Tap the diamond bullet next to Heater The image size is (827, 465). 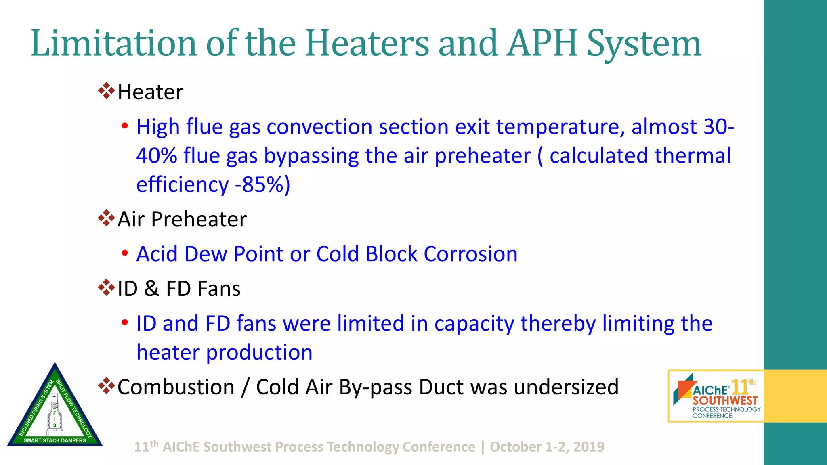106,91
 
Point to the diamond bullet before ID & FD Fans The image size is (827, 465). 106,287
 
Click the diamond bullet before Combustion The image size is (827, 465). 106,386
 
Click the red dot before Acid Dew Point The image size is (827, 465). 125,253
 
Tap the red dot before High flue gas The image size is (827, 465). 125,126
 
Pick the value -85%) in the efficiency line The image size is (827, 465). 262,185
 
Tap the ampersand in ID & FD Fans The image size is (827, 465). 151,289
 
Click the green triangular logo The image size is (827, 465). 55,408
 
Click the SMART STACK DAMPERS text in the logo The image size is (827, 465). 55,440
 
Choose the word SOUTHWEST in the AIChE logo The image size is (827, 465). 725,401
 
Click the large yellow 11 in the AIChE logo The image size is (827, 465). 740,388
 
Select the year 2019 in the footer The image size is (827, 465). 589,447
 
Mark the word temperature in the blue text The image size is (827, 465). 558,127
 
